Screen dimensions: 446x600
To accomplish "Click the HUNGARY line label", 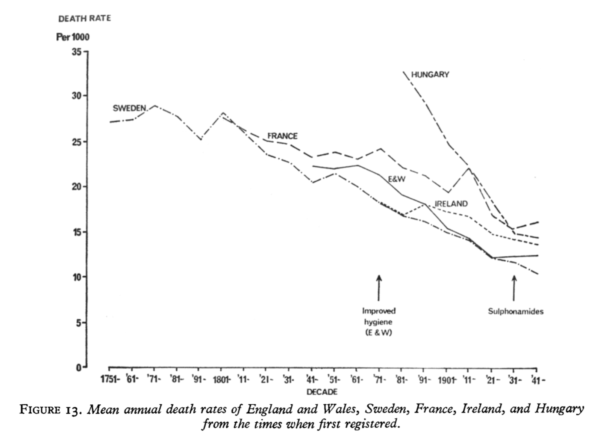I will [x=430, y=75].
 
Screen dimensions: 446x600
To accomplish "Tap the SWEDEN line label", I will [x=129, y=108].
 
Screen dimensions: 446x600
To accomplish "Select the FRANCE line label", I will [x=282, y=136].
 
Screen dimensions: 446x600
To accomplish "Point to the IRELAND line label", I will [x=451, y=204].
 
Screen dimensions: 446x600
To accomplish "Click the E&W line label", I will [x=397, y=179].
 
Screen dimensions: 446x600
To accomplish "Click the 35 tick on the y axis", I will [x=77, y=52].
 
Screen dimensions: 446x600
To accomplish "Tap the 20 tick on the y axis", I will [x=77, y=187].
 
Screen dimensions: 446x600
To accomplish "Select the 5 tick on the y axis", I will [x=79, y=322].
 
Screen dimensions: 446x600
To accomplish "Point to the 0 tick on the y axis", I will [x=79, y=368].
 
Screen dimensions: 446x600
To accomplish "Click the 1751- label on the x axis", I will [x=110, y=380].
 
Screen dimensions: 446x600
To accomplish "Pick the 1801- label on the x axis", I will [x=221, y=380].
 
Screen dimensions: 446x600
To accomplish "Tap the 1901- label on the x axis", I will [x=447, y=380].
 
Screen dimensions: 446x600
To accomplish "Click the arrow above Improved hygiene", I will [x=379, y=288].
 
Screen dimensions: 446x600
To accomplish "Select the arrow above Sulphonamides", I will [x=514, y=288].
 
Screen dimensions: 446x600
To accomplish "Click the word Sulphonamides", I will [x=515, y=311].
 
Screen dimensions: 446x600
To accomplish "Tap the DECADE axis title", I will [x=322, y=392].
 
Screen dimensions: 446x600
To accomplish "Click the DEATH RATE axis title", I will [x=85, y=18].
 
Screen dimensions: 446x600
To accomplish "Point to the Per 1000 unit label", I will [x=73, y=37].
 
